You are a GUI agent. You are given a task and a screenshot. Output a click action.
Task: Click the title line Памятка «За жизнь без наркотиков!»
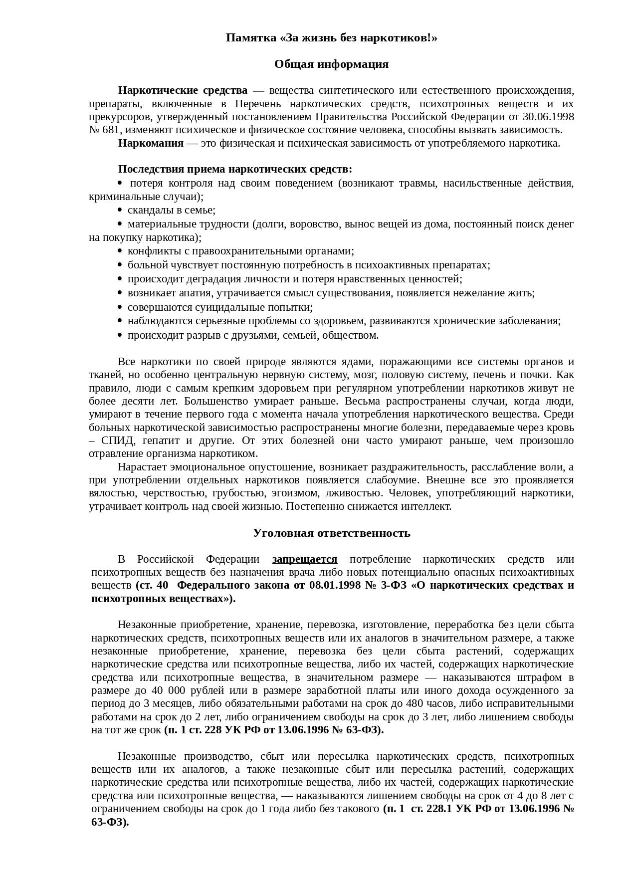[331, 38]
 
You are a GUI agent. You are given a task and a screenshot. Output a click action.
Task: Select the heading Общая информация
[331, 64]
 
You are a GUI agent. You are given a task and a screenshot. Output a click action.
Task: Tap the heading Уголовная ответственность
[331, 533]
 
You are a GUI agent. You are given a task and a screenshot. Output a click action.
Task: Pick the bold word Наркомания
[151, 143]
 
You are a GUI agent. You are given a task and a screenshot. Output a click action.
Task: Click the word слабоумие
[389, 480]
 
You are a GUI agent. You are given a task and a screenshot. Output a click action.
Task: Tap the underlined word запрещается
[305, 559]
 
